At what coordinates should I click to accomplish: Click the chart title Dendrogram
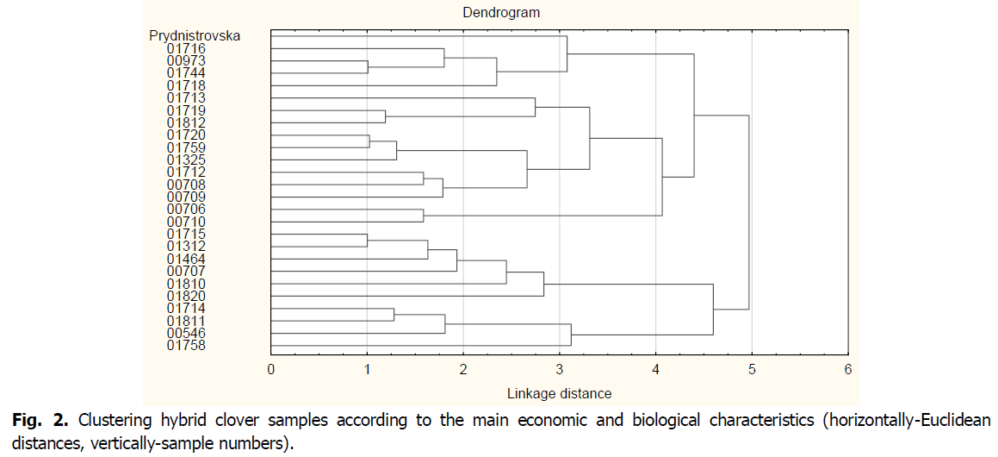[499, 13]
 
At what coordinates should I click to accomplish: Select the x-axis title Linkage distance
[560, 393]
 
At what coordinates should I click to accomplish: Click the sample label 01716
[187, 48]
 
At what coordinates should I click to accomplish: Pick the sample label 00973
[187, 61]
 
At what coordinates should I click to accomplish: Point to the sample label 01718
[187, 85]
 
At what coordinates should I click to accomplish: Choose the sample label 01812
[187, 122]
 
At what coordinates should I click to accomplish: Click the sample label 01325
[187, 160]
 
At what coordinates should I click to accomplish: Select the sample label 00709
[187, 197]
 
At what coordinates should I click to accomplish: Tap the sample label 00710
[187, 222]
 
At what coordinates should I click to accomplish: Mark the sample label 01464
[187, 259]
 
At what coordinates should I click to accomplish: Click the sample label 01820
[187, 296]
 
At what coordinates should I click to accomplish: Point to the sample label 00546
[187, 333]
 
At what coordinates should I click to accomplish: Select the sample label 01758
[187, 346]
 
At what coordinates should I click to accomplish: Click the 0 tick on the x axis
[271, 370]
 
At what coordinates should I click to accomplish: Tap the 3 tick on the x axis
[560, 370]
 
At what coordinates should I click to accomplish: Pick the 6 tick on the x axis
[848, 370]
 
